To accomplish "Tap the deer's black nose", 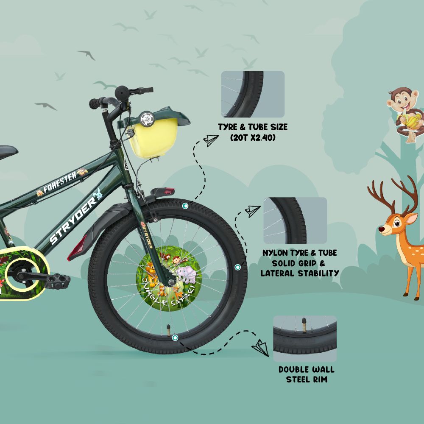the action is tap(381, 229).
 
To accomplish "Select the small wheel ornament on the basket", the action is tap(147, 118).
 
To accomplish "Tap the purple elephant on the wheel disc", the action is tap(186, 274).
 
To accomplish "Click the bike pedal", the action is tap(57, 281).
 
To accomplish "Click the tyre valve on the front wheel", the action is tap(168, 330).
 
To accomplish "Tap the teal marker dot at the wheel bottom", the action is tap(175, 338).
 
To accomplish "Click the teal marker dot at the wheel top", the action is tap(185, 206).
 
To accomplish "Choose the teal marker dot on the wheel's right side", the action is tap(237, 267).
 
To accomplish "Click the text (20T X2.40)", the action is tap(253, 138).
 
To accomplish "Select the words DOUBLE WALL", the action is tap(307, 369).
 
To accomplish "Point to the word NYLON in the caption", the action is tap(275, 253).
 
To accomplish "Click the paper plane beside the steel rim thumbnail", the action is tap(260, 348).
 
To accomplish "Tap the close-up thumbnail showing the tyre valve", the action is tap(305, 338).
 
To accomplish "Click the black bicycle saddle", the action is tap(8, 152).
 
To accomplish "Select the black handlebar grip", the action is tap(95, 103).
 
